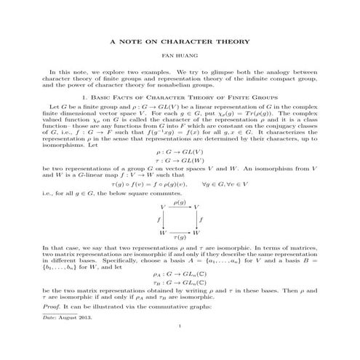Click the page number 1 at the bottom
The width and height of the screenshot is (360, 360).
(x=179, y=346)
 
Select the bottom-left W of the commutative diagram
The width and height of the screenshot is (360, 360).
(x=162, y=231)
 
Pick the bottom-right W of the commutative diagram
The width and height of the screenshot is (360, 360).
(x=197, y=231)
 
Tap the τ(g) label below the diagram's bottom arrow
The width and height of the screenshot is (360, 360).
(x=180, y=238)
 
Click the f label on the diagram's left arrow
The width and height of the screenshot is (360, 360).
(x=157, y=219)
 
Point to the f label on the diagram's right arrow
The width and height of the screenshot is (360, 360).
(x=202, y=219)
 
